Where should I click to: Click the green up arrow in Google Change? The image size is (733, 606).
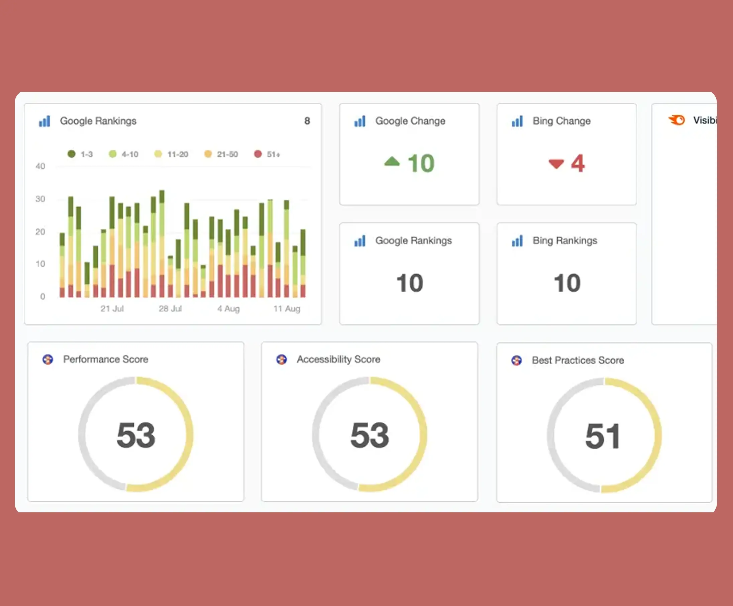[x=392, y=162]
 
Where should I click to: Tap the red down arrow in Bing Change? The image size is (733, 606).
[x=556, y=163]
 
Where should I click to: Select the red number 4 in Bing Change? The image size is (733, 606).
[x=578, y=163]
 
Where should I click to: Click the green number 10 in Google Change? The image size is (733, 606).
[x=421, y=163]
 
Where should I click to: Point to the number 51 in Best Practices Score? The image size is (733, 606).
[x=603, y=436]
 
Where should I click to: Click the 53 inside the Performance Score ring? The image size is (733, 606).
[x=136, y=435]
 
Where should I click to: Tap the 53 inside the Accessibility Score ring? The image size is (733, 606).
[x=370, y=435]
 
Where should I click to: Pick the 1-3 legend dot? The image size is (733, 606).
[x=72, y=154]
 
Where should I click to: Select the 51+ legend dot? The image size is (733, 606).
[x=258, y=154]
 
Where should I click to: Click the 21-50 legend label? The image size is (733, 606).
[x=227, y=154]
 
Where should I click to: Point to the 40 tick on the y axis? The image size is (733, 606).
[x=40, y=166]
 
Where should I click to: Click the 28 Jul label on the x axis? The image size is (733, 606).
[x=170, y=309]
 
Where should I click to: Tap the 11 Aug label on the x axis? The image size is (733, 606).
[x=287, y=309]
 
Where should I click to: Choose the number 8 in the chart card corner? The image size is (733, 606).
[x=307, y=121]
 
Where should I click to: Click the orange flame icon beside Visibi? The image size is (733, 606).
[x=677, y=120]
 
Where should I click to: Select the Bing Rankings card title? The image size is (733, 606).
[x=565, y=240]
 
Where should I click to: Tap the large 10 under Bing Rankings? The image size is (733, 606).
[x=567, y=283]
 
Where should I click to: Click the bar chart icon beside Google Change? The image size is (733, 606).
[x=360, y=121]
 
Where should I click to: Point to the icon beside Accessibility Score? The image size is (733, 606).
[x=281, y=359]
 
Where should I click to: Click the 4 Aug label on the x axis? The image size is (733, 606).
[x=229, y=309]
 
